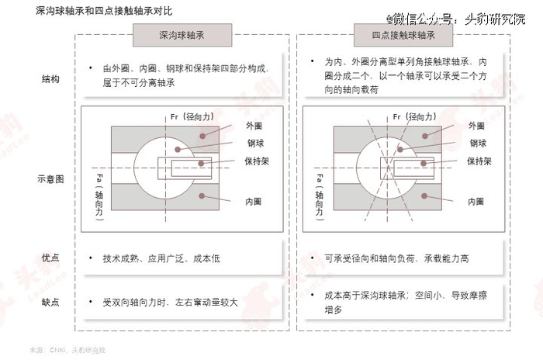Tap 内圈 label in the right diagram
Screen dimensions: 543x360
pyautogui.click(x=477, y=201)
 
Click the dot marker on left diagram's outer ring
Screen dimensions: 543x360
pyautogui.click(x=201, y=134)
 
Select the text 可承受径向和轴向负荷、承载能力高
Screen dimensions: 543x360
pyautogui.click(x=396, y=258)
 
